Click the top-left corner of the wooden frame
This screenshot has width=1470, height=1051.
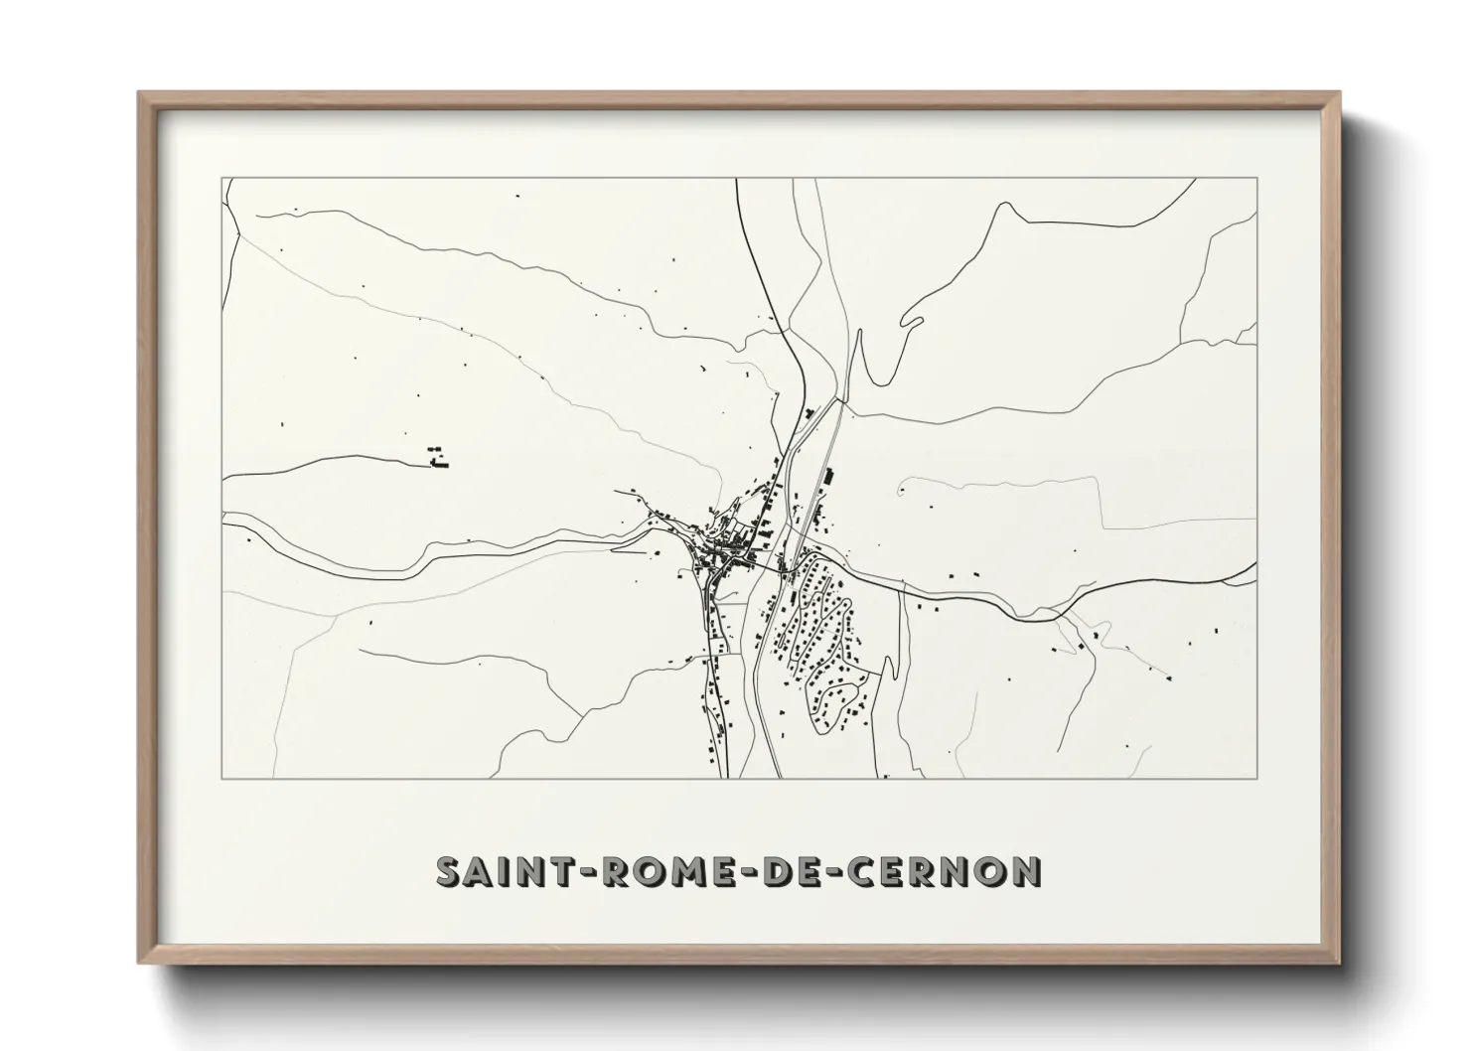pyautogui.click(x=140, y=93)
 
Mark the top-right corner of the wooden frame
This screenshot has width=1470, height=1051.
pyautogui.click(x=1339, y=93)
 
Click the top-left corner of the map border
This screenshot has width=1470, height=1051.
pyautogui.click(x=220, y=178)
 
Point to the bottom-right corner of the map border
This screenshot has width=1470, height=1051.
pyautogui.click(x=1257, y=778)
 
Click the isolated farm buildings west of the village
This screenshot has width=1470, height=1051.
pyautogui.click(x=437, y=457)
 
